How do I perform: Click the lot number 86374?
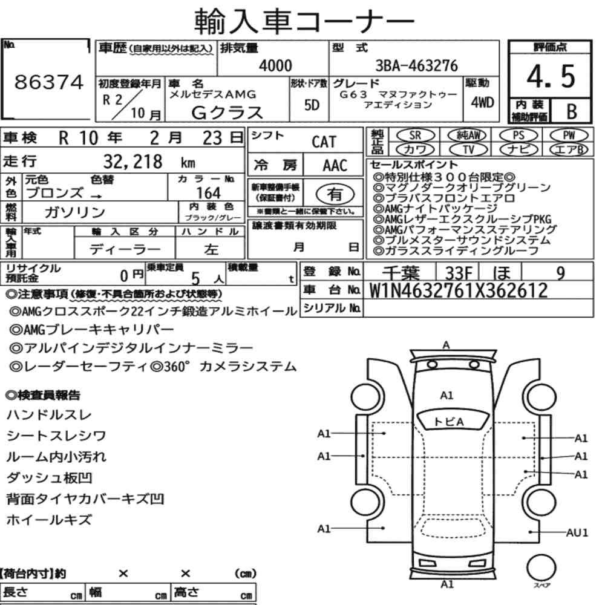pyautogui.click(x=49, y=82)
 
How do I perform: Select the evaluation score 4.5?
pyautogui.click(x=551, y=76)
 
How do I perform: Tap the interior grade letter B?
pyautogui.click(x=572, y=111)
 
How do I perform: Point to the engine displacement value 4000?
pyautogui.click(x=275, y=65)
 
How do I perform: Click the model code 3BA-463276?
pyautogui.click(x=417, y=65)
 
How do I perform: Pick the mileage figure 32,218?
pyautogui.click(x=132, y=162)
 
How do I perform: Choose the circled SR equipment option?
pyautogui.click(x=415, y=136)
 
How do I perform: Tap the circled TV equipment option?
pyautogui.click(x=468, y=149)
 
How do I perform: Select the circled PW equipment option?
pyautogui.click(x=569, y=136)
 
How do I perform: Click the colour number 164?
pyautogui.click(x=208, y=193)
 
